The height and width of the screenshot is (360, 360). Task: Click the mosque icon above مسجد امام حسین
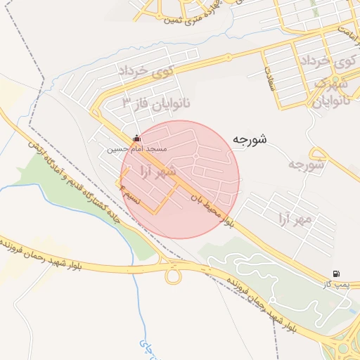[x=136, y=139]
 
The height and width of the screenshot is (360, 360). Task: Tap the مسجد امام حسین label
[x=136, y=150]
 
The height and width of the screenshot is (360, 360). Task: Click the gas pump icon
[x=335, y=274]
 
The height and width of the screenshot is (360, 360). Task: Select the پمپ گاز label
[x=335, y=283]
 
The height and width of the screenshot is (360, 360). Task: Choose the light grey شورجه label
[x=305, y=166]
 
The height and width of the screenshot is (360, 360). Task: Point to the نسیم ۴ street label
[x=131, y=193]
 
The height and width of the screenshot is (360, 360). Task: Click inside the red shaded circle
[x=180, y=179]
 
